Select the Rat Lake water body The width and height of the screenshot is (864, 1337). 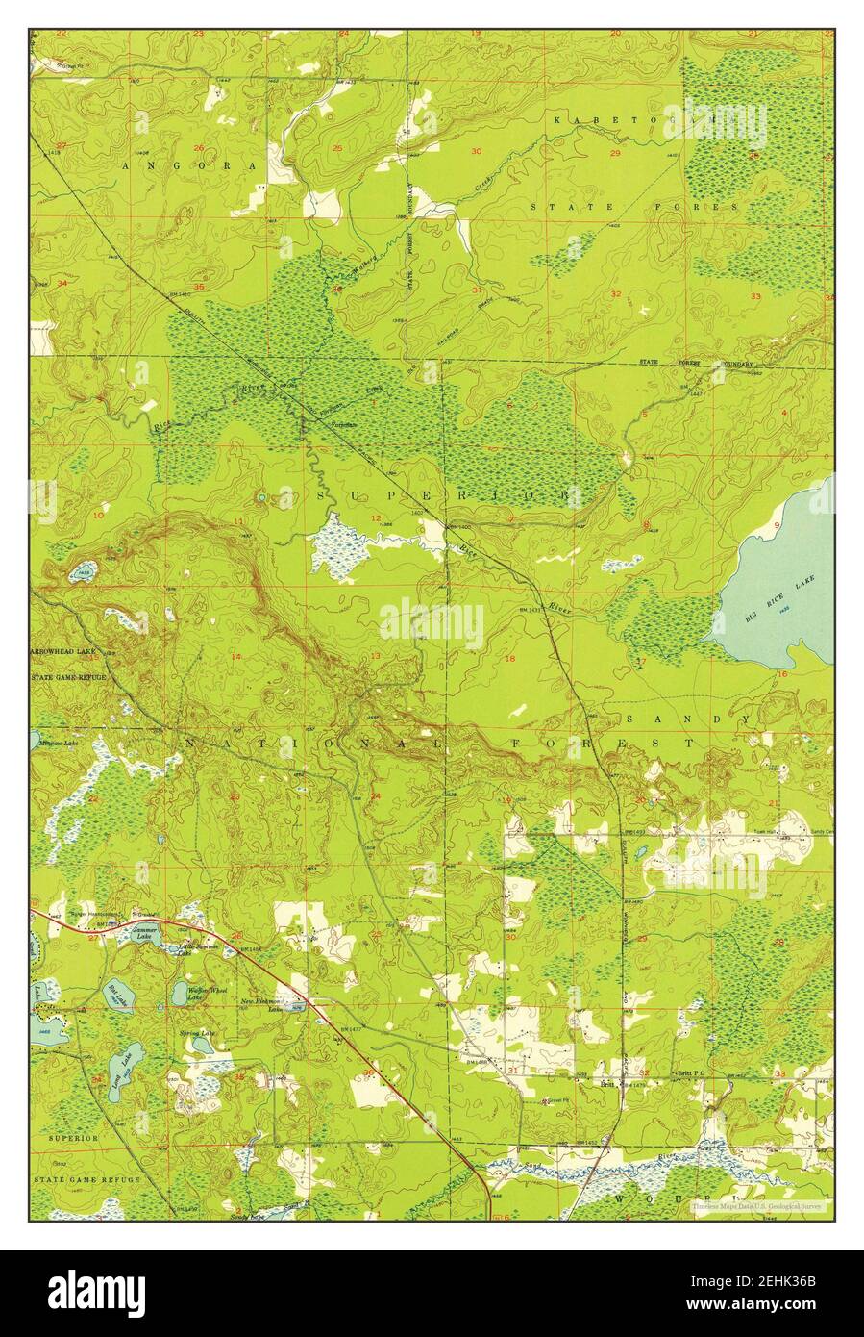pos(117,992)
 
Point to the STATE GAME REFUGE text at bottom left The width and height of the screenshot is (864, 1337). pos(87,1178)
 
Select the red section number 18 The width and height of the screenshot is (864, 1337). pos(509,659)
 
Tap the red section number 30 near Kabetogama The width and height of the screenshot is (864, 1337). pos(476,151)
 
